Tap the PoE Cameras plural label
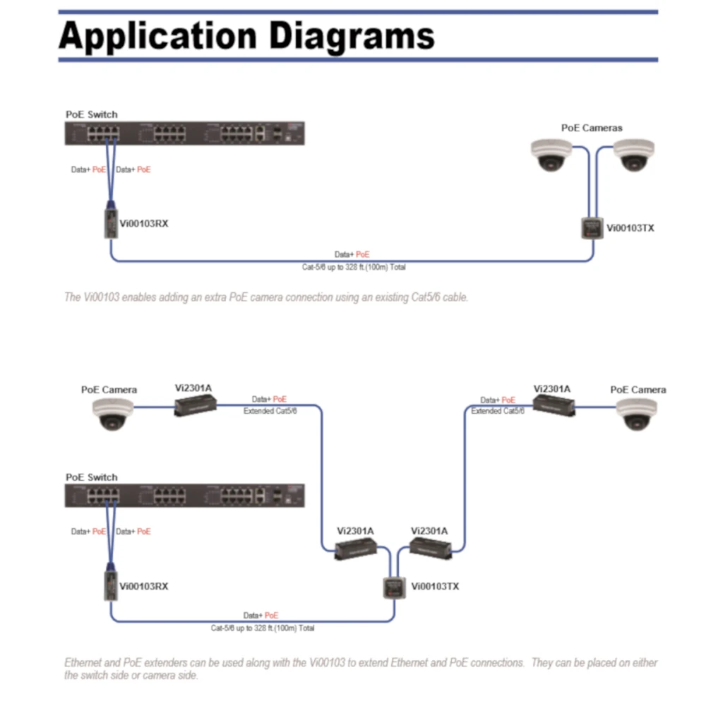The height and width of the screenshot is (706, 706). pos(592,128)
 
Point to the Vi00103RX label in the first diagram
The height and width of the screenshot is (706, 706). pos(144,224)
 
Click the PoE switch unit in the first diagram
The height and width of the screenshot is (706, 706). pos(184,133)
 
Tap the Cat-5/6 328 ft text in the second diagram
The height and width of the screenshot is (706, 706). pos(263,628)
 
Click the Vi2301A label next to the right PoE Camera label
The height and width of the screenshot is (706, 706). pos(552,388)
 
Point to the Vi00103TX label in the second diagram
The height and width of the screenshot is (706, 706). pos(435,586)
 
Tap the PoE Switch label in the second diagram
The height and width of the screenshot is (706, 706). pos(92,477)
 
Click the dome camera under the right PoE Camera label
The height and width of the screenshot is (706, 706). pos(635,414)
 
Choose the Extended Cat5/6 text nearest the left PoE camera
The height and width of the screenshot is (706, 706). pos(270,411)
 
